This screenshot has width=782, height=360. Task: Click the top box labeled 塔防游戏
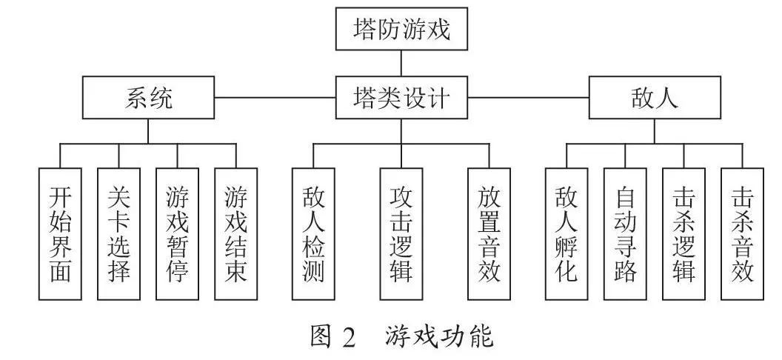point(401,29)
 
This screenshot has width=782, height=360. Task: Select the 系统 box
point(148,97)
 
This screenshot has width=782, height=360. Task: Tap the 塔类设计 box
point(401,97)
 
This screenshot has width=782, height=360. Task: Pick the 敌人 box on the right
point(655,97)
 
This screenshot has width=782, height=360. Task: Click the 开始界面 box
point(60,234)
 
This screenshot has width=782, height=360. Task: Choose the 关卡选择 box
point(118,234)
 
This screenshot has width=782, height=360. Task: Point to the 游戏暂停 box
point(178,234)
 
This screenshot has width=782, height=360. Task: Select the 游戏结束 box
point(236,234)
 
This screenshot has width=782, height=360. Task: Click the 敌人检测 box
point(314,234)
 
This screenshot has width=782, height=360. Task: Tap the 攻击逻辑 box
point(401,234)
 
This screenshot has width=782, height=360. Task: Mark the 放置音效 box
point(489,234)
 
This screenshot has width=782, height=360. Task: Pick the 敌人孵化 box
point(567,234)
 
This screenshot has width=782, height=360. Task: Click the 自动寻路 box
point(626,234)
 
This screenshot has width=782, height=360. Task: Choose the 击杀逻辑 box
point(684,234)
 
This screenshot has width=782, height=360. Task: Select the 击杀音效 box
point(743,234)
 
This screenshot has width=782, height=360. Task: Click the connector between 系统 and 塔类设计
point(275,97)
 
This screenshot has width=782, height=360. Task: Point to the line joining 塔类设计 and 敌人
point(528,97)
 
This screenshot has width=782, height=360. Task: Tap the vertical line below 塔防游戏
point(401,63)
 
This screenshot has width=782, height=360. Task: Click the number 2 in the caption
point(347,337)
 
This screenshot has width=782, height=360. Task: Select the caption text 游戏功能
point(439,336)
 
